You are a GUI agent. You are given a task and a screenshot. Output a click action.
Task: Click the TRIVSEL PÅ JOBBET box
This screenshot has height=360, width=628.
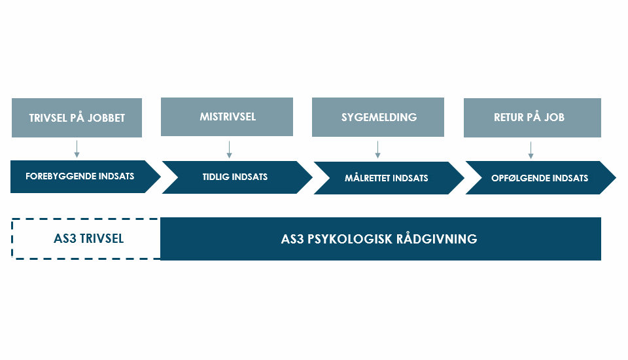(77, 117)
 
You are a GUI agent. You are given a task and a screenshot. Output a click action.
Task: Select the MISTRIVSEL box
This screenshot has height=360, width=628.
(227, 117)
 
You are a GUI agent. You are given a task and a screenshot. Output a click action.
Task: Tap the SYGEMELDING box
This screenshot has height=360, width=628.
(377, 117)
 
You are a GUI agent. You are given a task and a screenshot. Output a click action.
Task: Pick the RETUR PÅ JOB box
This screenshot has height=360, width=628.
(532, 117)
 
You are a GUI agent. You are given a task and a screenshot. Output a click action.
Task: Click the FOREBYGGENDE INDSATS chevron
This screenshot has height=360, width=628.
(85, 176)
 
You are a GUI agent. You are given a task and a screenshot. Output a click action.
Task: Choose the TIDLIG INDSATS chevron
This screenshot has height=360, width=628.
(237, 177)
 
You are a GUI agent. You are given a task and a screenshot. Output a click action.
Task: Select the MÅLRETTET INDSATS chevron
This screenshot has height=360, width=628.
(389, 178)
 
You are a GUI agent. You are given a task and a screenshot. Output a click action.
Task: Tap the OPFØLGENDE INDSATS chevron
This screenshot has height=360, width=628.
(541, 177)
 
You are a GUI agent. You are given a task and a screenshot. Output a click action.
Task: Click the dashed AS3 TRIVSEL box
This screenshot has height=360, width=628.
(86, 238)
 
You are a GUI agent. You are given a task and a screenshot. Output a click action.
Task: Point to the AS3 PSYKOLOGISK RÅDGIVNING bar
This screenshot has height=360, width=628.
(381, 238)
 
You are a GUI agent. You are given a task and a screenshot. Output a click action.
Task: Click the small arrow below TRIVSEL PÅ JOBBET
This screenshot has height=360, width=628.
(77, 149)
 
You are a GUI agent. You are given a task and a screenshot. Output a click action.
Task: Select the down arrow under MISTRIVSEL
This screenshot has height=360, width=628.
(229, 149)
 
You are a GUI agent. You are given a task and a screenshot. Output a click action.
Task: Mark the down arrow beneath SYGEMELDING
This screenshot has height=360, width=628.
(377, 149)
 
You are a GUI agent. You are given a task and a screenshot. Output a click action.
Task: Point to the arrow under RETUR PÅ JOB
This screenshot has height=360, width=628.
(531, 150)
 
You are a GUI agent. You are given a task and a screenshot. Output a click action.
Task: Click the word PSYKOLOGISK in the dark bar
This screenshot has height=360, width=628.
(349, 239)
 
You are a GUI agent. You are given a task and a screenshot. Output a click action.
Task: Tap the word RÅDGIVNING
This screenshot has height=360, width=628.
(437, 238)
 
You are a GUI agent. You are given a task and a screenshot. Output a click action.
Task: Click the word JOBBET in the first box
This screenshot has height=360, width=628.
(106, 118)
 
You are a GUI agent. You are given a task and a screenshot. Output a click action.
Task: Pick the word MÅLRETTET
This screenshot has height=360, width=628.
(367, 177)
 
